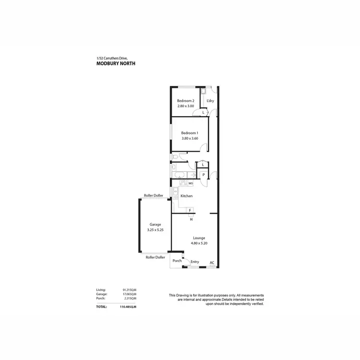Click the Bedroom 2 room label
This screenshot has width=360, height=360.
coord(185,101)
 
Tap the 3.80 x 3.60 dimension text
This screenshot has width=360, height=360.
coord(190,139)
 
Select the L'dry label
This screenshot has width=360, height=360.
coord(210,101)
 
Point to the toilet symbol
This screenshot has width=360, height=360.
coord(175,157)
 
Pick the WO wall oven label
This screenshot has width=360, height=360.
coord(191,183)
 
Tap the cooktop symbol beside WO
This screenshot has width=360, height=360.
coord(182,183)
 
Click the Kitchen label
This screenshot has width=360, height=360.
coord(186,196)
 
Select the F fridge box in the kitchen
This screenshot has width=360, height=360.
coord(190,211)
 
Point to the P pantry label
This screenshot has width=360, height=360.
coord(204,175)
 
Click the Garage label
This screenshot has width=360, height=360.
coord(155,224)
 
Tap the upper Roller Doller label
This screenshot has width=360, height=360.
coord(154,196)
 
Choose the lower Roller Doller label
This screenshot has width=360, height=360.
coord(156,257)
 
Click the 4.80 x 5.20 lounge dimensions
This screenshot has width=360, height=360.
coord(199,243)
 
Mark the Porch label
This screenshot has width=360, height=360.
coord(177,261)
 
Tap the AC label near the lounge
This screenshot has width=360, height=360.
coord(212,262)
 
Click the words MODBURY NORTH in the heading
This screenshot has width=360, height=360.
coord(116,63)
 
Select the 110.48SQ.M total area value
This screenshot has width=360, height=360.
coord(128,306)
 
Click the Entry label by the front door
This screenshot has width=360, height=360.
coord(195,262)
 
